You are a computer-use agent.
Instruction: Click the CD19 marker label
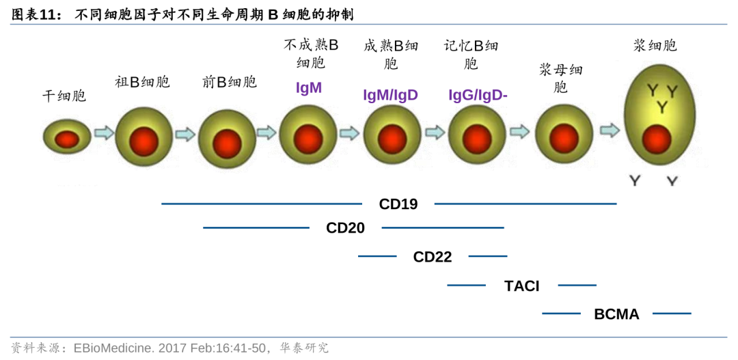pos(398,204)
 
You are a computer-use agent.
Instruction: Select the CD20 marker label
pos(345,227)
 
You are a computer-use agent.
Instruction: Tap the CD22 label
pos(432,257)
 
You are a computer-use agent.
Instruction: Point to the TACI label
pos(521,286)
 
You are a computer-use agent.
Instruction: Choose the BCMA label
pos(616,314)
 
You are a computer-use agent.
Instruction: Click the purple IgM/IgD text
pos(390,95)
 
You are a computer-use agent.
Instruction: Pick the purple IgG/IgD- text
pos(478,95)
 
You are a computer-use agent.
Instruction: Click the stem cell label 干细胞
pos(64,96)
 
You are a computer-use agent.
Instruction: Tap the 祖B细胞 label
pos(142,83)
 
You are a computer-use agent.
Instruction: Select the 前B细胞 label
pos(229,83)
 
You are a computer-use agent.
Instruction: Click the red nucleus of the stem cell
pos(67,139)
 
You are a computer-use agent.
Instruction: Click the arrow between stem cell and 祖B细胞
pos(103,133)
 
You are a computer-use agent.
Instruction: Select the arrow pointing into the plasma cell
pos(609,130)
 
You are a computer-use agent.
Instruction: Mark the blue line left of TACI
pos(466,285)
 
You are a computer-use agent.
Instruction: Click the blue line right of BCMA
pos(672,314)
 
